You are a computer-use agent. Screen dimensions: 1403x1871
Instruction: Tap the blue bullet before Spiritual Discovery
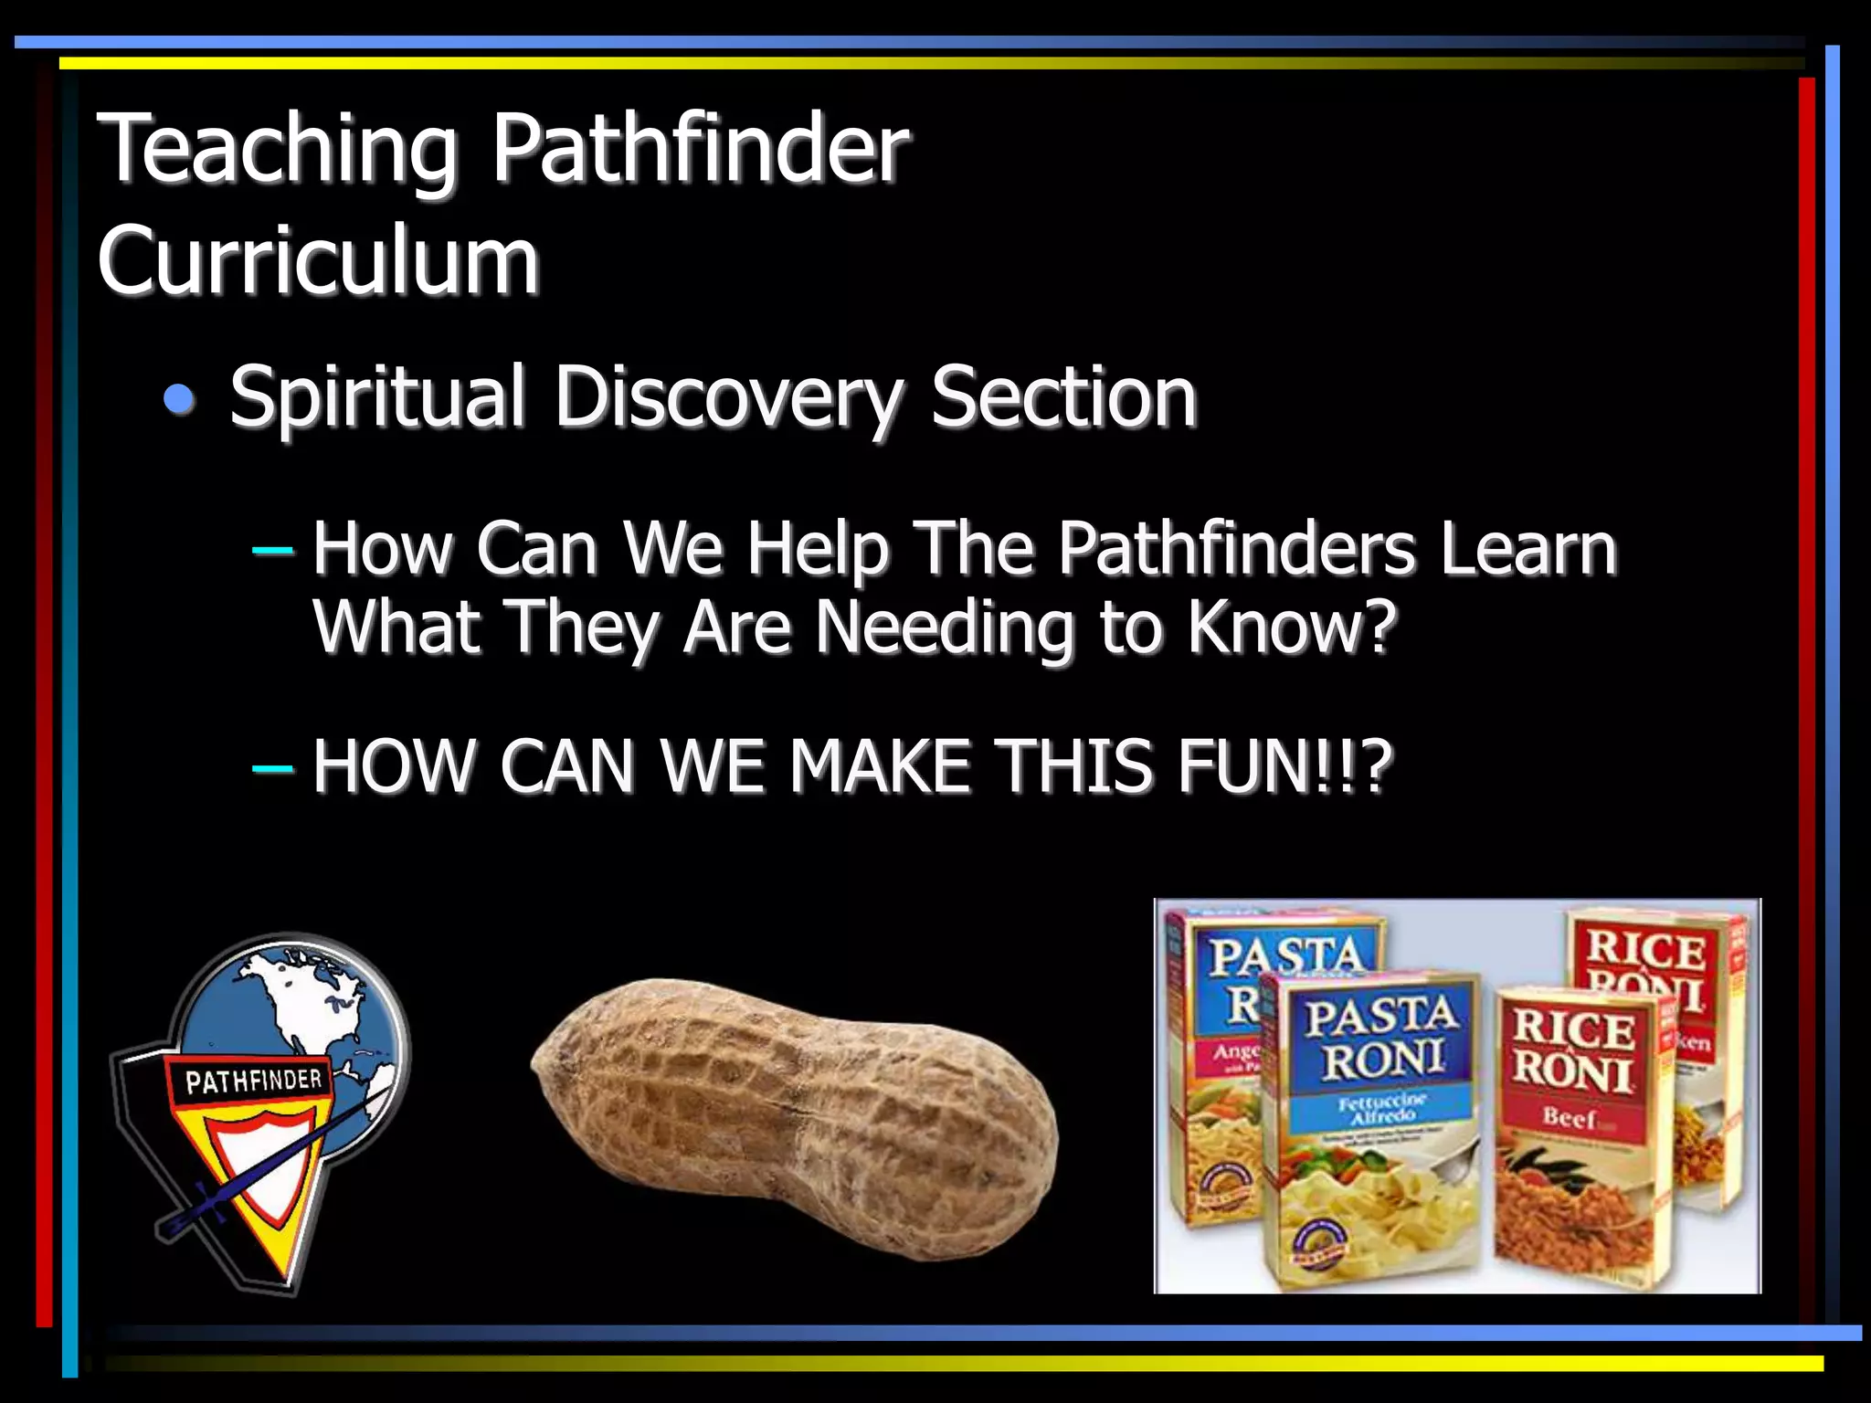pyautogui.click(x=180, y=399)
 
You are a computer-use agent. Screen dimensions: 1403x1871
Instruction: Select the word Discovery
pyautogui.click(x=727, y=397)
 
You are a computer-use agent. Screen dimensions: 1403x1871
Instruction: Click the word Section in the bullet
pyautogui.click(x=1062, y=397)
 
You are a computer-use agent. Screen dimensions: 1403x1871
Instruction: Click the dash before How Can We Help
pyautogui.click(x=272, y=551)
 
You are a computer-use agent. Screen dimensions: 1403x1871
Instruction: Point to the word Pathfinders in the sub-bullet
pyautogui.click(x=1237, y=550)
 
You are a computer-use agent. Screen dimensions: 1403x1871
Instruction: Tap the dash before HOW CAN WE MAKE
pyautogui.click(x=272, y=768)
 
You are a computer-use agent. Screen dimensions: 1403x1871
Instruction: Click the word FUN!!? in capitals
pyautogui.click(x=1284, y=766)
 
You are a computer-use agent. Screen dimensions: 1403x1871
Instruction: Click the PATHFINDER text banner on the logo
pyautogui.click(x=253, y=1081)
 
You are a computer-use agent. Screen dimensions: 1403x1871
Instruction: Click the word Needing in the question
pyautogui.click(x=944, y=628)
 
